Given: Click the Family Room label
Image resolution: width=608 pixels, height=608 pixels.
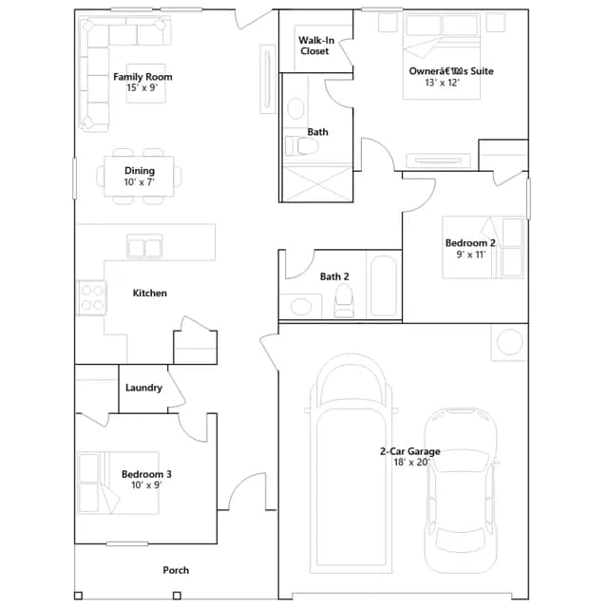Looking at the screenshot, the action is coord(142,77).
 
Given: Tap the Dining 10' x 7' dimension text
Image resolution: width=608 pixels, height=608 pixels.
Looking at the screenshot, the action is coord(140,181).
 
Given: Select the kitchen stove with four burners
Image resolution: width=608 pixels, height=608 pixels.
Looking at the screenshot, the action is coord(92,297).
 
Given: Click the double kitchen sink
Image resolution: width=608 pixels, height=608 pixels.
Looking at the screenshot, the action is coord(144,246).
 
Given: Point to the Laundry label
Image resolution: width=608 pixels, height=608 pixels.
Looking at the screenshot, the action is coord(143,388).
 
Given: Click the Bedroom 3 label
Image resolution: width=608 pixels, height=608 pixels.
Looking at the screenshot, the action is coord(146,474).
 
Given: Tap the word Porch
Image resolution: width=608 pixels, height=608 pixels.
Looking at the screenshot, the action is coord(176,570).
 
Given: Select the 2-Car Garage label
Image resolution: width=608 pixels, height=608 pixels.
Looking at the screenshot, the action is coord(410,451).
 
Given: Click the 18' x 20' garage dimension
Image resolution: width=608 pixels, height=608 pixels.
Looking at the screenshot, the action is coord(411,463).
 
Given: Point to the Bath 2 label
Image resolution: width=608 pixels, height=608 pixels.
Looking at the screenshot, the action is coord(334,276).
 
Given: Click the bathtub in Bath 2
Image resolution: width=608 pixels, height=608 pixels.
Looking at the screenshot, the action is coord(384,286).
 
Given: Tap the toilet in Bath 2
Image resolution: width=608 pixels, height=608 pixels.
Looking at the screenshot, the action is coord(344,301).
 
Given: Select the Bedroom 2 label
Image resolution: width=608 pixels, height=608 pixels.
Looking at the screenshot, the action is coord(470,243).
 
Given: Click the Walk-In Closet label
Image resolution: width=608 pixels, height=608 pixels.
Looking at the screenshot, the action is coord(316,46).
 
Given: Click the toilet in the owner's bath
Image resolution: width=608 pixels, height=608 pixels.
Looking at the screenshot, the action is coord(302,145).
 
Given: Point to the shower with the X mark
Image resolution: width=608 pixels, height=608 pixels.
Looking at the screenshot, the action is coord(317,184).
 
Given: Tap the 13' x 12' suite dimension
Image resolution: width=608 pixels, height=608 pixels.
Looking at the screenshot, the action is coord(442,83).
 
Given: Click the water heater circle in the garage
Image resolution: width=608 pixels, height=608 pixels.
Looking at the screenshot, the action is coord(509,342).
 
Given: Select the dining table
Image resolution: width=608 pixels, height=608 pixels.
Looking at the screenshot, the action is coord(139,177).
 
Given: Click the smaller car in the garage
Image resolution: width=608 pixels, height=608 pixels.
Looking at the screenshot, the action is coord(460,490).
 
